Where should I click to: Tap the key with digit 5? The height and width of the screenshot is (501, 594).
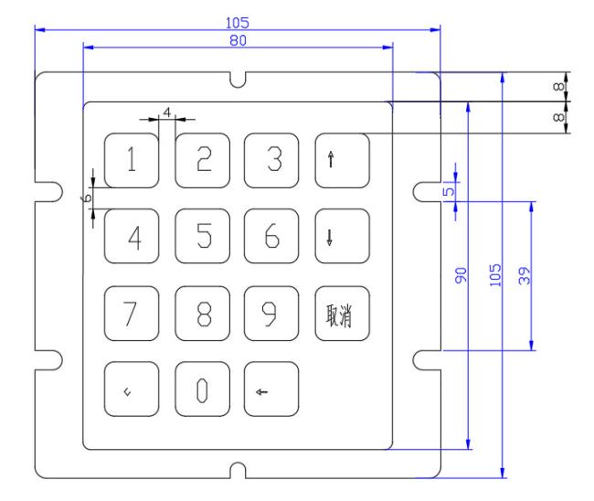point(202,236)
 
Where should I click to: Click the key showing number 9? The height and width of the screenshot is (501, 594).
point(271,313)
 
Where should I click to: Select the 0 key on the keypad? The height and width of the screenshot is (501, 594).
point(202,389)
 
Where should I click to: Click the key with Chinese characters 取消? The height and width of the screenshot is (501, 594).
point(342,313)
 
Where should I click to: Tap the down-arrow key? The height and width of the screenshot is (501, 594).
point(342,236)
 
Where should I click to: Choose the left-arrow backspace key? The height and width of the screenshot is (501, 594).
point(271,389)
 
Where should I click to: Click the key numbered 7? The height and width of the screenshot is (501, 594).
point(132,313)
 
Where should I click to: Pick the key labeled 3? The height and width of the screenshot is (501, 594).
point(271,160)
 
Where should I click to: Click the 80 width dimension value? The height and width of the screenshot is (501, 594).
point(238,40)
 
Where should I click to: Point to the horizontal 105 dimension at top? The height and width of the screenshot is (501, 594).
point(238,23)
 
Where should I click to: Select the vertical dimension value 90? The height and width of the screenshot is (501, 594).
point(461,275)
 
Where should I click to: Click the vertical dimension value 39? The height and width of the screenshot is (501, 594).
point(525,275)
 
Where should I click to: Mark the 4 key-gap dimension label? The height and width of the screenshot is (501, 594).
point(166,112)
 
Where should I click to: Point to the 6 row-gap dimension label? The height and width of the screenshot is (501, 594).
point(87,197)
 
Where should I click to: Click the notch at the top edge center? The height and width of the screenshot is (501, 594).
point(238,80)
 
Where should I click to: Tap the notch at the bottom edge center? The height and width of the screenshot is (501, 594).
point(238,470)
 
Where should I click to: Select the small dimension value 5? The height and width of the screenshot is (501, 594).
point(449,191)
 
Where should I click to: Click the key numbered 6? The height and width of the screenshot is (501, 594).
point(271,236)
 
